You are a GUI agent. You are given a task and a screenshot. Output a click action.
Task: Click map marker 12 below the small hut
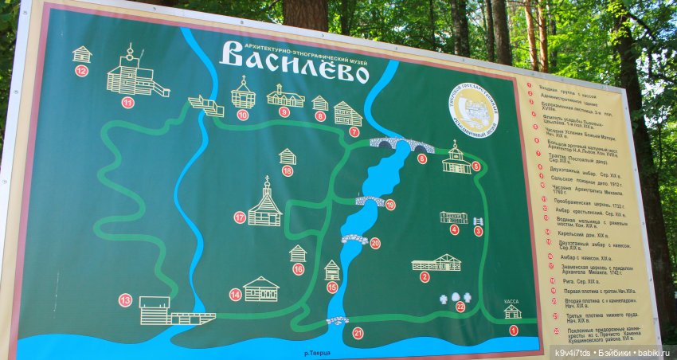click(x=81, y=71)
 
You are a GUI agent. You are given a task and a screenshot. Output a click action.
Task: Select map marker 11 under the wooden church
click(x=127, y=102)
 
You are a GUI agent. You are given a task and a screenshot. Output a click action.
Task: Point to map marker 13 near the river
click(x=125, y=300)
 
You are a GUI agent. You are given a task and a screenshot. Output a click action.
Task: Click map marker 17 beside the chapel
click(x=240, y=217)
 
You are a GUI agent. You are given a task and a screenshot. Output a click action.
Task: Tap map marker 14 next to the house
click(x=235, y=295)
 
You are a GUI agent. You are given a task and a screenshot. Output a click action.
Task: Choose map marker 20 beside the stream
click(x=375, y=243)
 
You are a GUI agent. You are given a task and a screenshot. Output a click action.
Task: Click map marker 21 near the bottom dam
click(x=358, y=333)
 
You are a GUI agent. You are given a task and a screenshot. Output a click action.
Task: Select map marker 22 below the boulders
click(x=460, y=307)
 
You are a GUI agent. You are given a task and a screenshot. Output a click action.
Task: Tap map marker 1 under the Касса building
click(x=513, y=330)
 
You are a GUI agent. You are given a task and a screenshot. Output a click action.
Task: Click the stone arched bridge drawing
click(x=401, y=144)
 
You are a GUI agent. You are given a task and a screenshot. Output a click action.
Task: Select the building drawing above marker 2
click(x=436, y=262)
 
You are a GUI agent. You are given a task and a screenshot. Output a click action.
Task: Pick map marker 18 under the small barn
click(x=288, y=170)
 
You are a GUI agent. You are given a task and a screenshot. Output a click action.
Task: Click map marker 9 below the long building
click(x=284, y=112)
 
